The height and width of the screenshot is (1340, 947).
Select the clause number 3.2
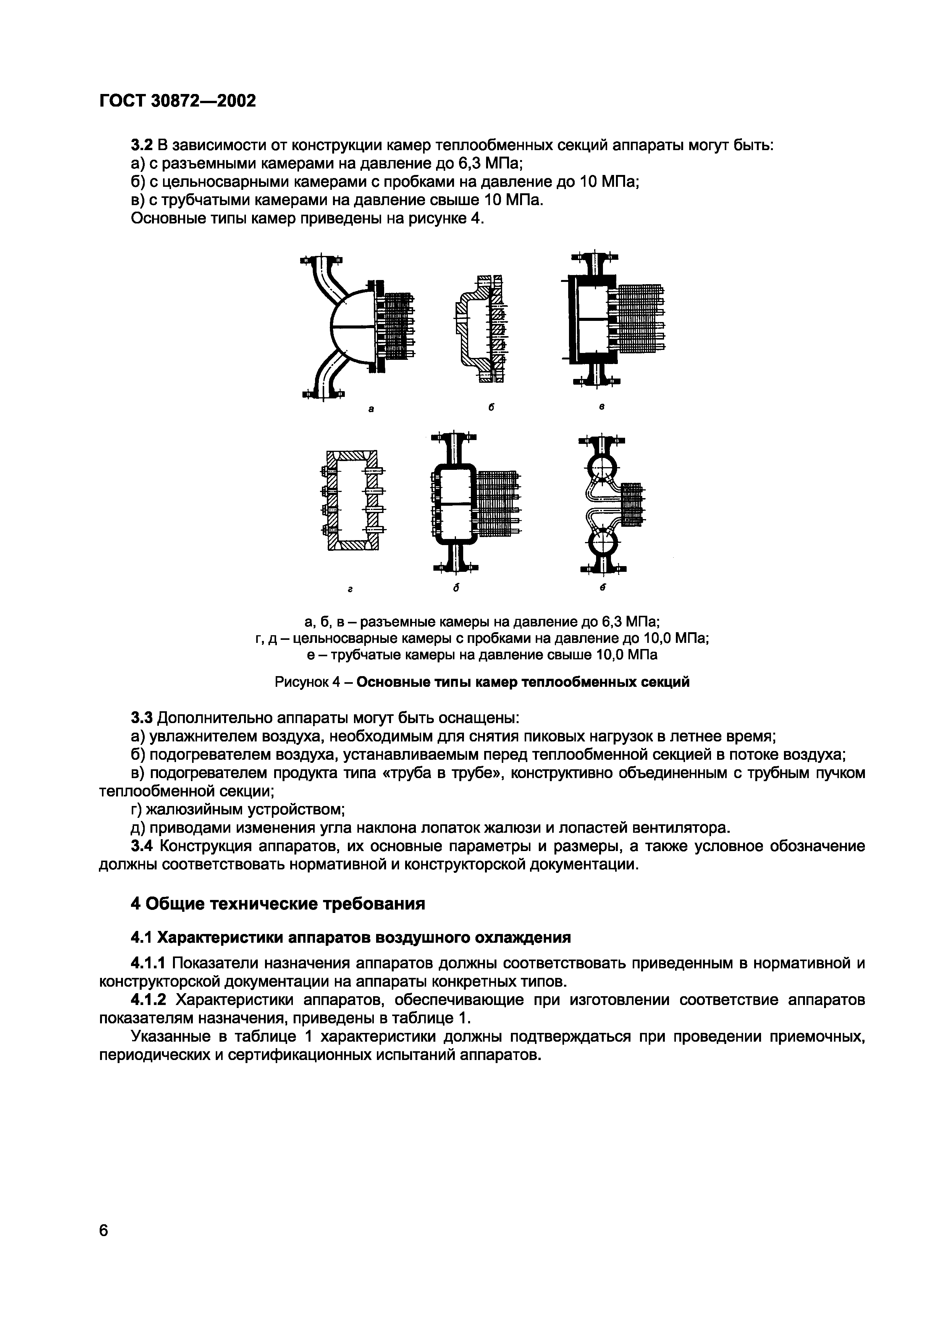pyautogui.click(x=141, y=145)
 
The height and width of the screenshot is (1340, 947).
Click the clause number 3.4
pyautogui.click(x=141, y=846)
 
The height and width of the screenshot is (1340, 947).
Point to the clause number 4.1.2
pyautogui.click(x=149, y=1000)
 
